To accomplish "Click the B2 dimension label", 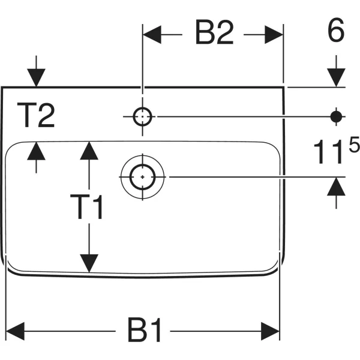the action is tap(214, 32).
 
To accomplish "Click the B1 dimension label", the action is tap(145, 330).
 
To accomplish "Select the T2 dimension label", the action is tap(36, 115).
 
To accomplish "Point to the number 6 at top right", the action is tap(336, 30).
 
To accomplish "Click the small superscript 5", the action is tap(354, 144).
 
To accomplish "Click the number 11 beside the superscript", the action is tap(330, 152).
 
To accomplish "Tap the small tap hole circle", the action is tap(142, 116).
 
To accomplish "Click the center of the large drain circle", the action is tap(143, 177).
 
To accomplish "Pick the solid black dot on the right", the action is tap(336, 116).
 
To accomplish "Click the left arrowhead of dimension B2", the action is tap(152, 35).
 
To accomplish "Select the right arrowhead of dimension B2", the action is tap(274, 35).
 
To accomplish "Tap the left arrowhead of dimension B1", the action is tap(15, 331).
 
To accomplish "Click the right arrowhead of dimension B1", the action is tap(271, 331).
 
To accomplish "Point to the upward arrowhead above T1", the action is tap(89, 151).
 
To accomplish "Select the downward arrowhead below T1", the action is tap(89, 263).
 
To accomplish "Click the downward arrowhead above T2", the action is tap(36, 77).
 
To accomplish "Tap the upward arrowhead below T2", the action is tap(36, 151).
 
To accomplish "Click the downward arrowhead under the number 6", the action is tap(336, 77).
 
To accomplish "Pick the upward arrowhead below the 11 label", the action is tap(336, 187).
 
